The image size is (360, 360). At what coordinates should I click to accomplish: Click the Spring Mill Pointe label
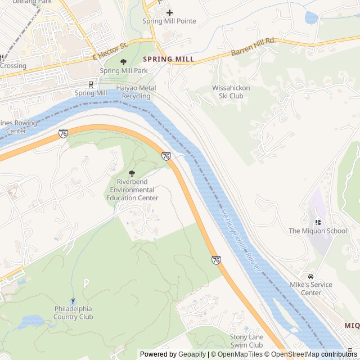pyautogui.click(x=169, y=21)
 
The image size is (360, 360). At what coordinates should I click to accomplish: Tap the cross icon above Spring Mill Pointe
pyautogui.click(x=169, y=12)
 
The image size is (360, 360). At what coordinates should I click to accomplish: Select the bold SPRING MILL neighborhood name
pyautogui.click(x=168, y=59)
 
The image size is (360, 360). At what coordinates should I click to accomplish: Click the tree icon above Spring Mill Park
pyautogui.click(x=123, y=62)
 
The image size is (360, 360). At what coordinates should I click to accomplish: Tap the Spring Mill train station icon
pyautogui.click(x=91, y=85)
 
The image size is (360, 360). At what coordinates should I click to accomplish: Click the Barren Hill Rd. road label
pyautogui.click(x=253, y=48)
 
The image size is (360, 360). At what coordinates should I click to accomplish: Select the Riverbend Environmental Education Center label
pyautogui.click(x=132, y=190)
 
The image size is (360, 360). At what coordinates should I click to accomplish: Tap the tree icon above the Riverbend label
pyautogui.click(x=132, y=174)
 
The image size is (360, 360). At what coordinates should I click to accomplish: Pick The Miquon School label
pyautogui.click(x=318, y=231)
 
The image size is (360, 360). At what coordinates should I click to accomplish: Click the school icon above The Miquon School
pyautogui.click(x=318, y=222)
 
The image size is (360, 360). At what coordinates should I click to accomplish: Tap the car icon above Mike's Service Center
pyautogui.click(x=310, y=276)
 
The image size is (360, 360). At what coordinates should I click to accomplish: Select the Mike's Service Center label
pyautogui.click(x=311, y=289)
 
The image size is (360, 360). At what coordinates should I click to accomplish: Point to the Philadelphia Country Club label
pyautogui.click(x=73, y=313)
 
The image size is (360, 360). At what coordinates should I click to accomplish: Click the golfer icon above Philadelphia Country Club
pyautogui.click(x=73, y=301)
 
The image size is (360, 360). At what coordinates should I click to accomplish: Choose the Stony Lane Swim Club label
pyautogui.click(x=246, y=341)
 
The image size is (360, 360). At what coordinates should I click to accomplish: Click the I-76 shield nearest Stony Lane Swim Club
pyautogui.click(x=216, y=259)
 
